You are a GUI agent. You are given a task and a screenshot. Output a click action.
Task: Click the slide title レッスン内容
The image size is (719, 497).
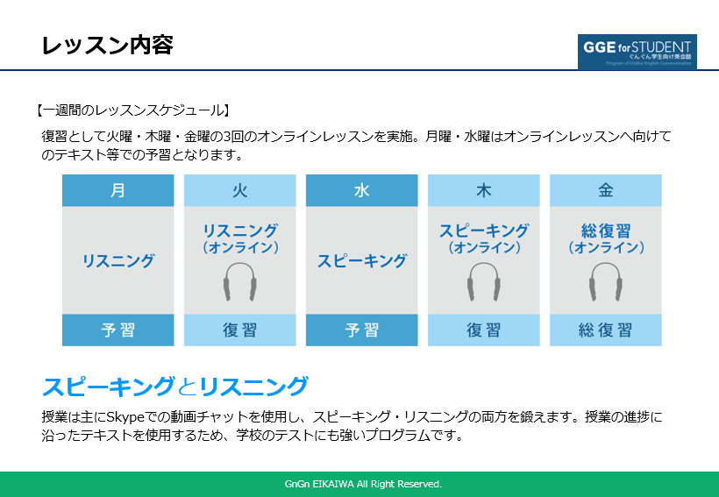107,46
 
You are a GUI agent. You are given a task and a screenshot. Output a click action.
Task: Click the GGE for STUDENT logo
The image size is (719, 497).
637,52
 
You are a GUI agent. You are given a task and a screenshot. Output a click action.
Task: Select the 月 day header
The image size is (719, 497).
117,190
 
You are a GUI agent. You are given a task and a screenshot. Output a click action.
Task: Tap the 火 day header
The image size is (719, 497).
239,190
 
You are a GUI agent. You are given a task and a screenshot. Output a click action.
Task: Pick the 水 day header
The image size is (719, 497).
361,190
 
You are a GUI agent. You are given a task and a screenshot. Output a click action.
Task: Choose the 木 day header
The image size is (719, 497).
483,190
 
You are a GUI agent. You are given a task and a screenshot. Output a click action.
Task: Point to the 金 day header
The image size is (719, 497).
605,190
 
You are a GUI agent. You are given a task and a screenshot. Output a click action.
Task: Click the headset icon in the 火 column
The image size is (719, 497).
239,282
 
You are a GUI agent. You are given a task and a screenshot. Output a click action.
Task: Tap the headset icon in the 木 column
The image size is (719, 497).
483,282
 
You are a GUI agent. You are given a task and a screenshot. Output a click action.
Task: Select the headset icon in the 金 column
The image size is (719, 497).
605,282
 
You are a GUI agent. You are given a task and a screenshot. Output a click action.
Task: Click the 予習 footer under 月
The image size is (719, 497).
117,330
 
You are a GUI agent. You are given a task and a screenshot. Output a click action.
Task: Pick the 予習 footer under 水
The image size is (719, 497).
361,330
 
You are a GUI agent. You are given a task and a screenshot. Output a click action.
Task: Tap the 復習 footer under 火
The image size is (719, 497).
239,330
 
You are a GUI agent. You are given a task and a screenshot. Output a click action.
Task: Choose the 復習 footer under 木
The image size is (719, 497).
483,330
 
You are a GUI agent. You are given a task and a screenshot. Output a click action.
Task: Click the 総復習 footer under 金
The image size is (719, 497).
605,330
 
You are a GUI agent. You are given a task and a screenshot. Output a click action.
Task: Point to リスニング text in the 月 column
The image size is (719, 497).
117,260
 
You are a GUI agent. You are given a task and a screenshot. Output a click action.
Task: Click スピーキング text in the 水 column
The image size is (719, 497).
361,260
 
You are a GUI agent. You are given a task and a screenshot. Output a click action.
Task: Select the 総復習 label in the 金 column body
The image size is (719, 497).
605,231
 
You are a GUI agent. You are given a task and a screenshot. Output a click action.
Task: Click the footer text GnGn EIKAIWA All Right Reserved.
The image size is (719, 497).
363,484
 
